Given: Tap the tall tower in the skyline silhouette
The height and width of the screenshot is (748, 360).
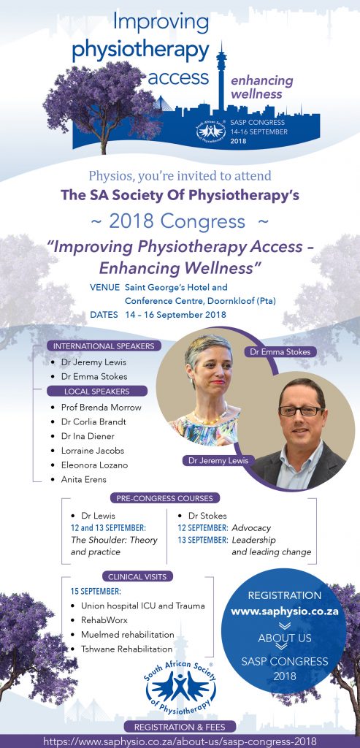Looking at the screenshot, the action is coord(221,76).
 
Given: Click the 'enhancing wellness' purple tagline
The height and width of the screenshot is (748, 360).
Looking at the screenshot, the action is coord(261,86).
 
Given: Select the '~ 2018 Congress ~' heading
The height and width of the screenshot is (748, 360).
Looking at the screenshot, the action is coord(180,221).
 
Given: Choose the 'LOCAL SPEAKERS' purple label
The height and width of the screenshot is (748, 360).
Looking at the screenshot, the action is coord(97,392).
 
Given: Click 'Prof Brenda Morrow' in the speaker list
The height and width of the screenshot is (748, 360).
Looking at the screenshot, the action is coord(101,408).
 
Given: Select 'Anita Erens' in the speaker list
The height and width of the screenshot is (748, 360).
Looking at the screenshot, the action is coord(83,479).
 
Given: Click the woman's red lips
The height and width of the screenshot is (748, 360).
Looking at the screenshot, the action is coord(218,382).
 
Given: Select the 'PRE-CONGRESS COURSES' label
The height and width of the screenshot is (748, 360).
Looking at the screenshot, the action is coord(165,498).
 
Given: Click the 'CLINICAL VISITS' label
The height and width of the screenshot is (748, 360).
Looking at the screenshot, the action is coord(137,577).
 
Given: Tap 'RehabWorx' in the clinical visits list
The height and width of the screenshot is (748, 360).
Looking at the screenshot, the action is coord(104,620).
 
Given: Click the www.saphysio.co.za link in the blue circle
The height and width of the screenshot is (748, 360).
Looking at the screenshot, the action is coord(285,611).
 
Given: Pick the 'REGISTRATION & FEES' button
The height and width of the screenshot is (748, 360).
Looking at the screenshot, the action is coord(180,727).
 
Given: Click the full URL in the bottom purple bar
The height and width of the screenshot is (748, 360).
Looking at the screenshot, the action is coord(180,741).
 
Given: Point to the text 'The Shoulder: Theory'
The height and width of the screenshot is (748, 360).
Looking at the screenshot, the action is coord(114,541).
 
